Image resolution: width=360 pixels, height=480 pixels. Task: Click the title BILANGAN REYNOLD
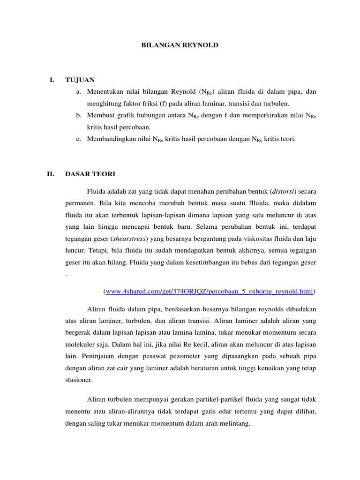point(180,45)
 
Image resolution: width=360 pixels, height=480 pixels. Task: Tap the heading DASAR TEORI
point(90,174)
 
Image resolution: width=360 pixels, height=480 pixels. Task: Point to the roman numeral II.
point(52,174)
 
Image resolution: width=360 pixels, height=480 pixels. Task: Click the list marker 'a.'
point(79,92)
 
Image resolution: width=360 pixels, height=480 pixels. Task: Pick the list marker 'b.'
point(79,115)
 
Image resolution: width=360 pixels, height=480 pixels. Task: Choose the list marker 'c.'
point(79,139)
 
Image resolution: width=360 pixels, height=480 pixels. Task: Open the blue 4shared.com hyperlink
point(210,291)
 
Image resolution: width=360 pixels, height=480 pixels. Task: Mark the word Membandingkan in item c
point(113,139)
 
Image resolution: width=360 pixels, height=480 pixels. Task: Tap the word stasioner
point(80,379)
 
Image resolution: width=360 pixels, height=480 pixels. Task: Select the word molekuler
point(80,344)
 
